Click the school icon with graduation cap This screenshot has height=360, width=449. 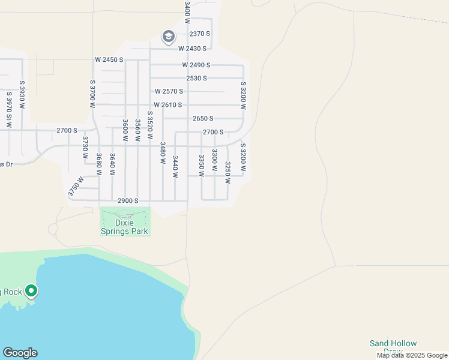click(168, 37)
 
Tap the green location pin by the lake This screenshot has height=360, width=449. click(32, 292)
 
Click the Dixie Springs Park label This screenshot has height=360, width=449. click(124, 226)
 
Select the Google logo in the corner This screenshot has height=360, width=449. click(20, 353)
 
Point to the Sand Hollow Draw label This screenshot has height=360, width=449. click(393, 347)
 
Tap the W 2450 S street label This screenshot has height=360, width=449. click(109, 60)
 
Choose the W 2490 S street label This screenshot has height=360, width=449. click(196, 65)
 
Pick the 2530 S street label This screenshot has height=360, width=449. click(196, 79)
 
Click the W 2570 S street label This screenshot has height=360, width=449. click(169, 92)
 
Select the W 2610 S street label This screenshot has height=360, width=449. click(167, 105)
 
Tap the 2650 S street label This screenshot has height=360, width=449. click(203, 119)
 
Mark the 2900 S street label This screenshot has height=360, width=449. click(128, 201)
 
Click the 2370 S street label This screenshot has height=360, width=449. click(199, 34)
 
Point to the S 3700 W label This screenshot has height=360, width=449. click(92, 94)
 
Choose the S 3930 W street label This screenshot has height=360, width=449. click(22, 95)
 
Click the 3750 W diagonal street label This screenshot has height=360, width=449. click(75, 186)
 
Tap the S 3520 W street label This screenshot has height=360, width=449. click(149, 125)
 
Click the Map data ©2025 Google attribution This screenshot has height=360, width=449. click(412, 355)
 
